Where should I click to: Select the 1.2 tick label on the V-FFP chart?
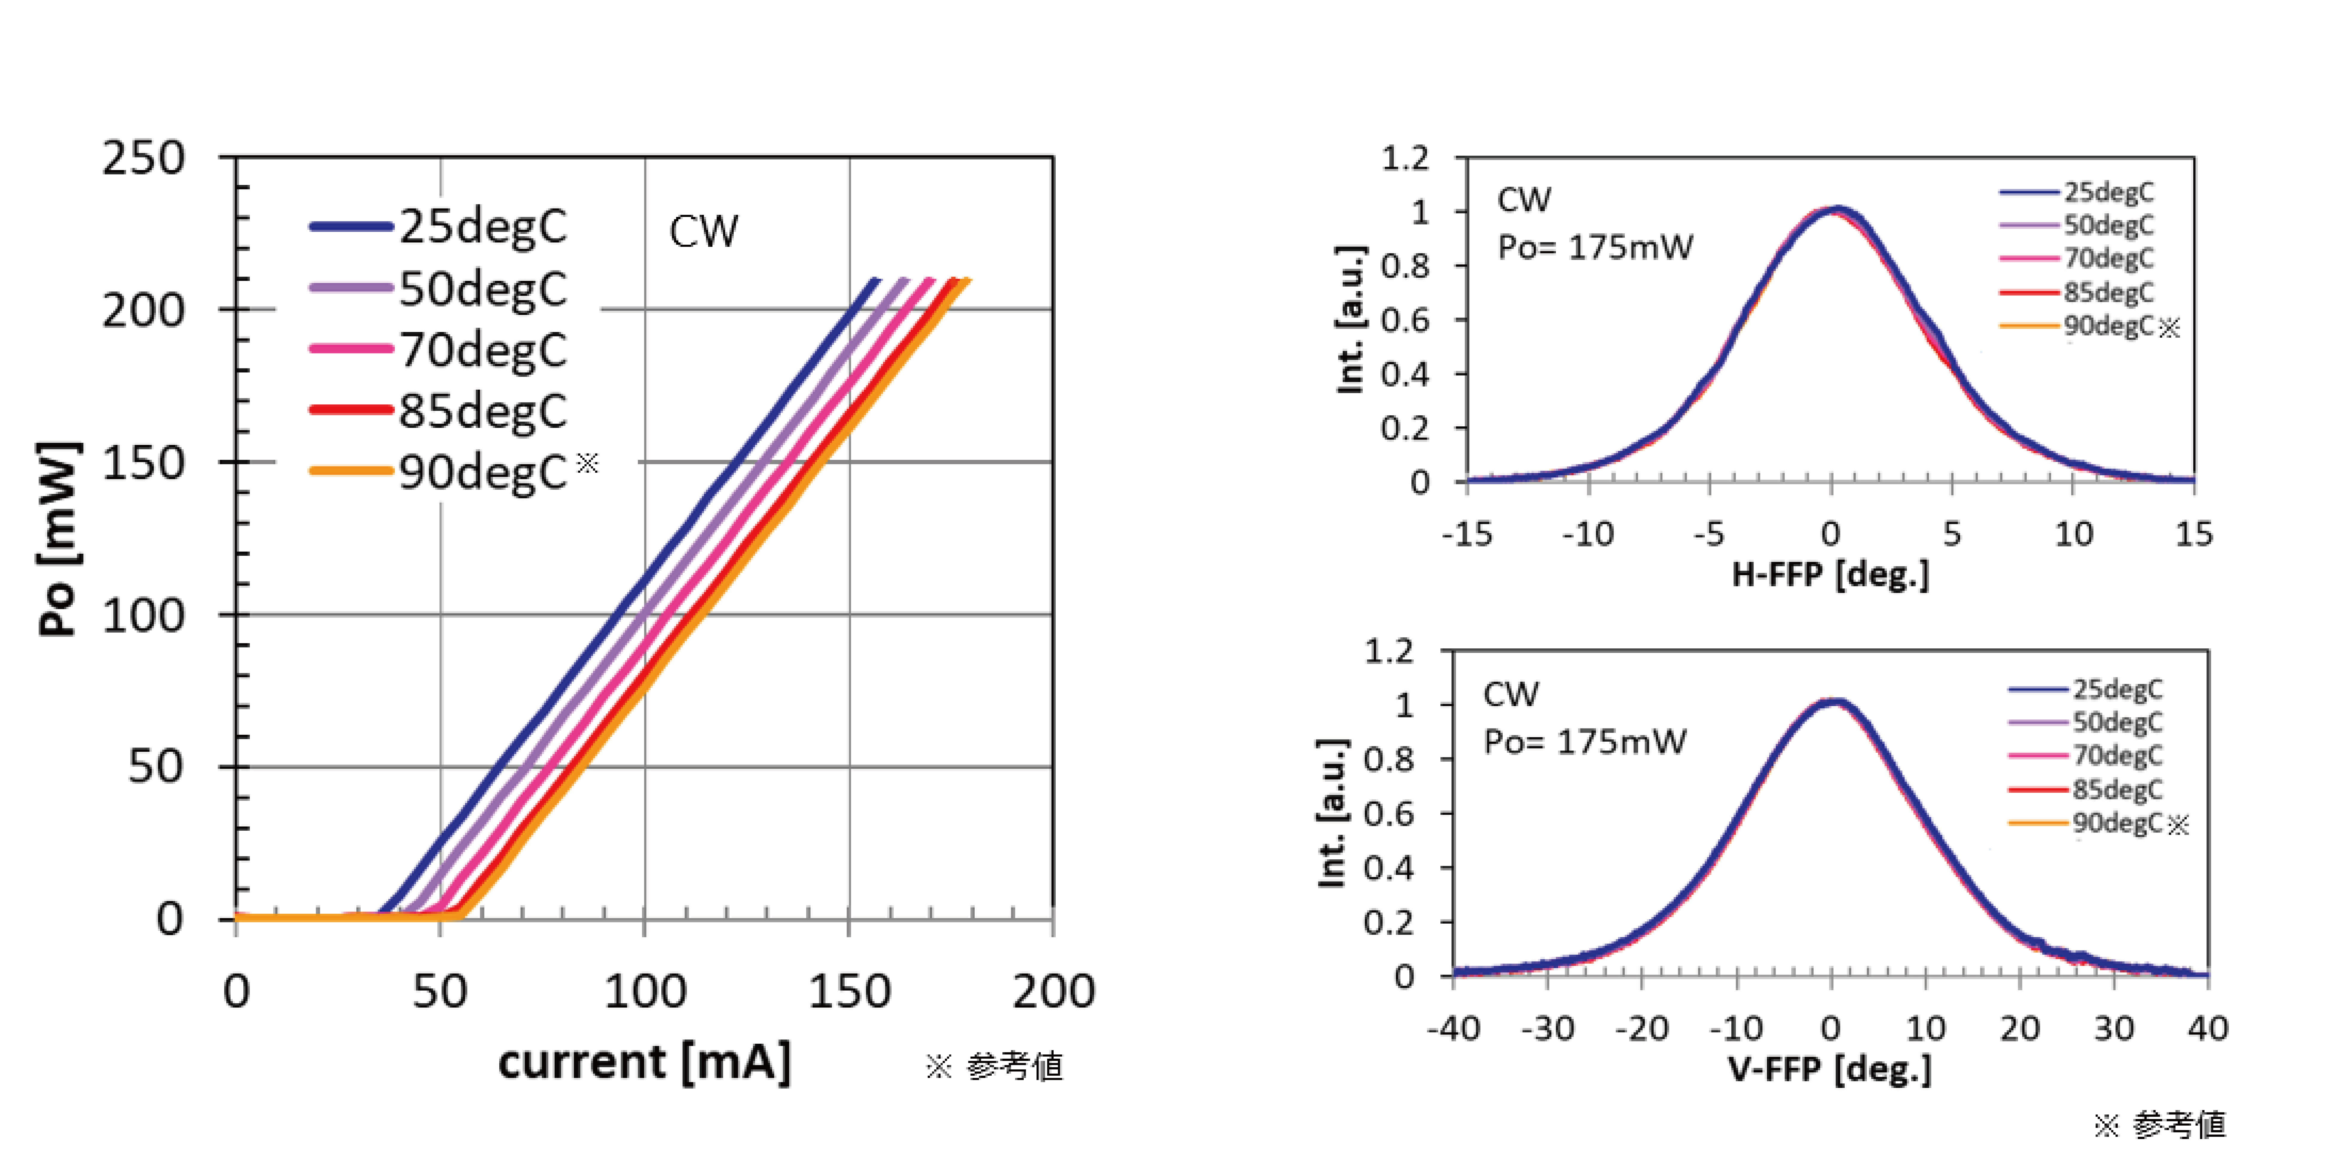(x=1390, y=651)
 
